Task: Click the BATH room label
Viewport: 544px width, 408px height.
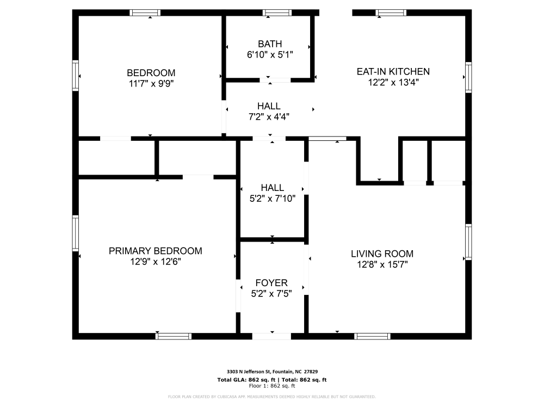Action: coord(270,44)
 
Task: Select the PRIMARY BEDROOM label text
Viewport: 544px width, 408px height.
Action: coord(155,251)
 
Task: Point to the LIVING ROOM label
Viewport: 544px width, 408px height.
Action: coord(382,254)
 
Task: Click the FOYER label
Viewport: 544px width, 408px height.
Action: coord(271,283)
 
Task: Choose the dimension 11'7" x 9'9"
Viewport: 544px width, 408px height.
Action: coord(151,83)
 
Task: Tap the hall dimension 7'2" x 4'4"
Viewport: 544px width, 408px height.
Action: coord(269,116)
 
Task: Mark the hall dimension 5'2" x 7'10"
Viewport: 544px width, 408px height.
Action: coord(272,199)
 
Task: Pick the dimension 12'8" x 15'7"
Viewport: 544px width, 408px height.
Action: coord(382,264)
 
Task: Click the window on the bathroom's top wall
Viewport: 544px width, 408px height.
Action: coord(277,13)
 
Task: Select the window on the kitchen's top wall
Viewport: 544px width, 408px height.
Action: coord(392,13)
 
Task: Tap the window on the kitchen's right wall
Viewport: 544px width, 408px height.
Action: coord(468,78)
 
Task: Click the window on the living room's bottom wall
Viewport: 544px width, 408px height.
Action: coord(372,336)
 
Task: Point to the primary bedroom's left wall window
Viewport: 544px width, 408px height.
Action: coord(76,233)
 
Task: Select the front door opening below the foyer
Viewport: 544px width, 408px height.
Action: coord(271,336)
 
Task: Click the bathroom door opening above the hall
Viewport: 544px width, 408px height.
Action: coord(275,80)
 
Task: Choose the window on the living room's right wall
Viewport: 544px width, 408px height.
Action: coord(468,242)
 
